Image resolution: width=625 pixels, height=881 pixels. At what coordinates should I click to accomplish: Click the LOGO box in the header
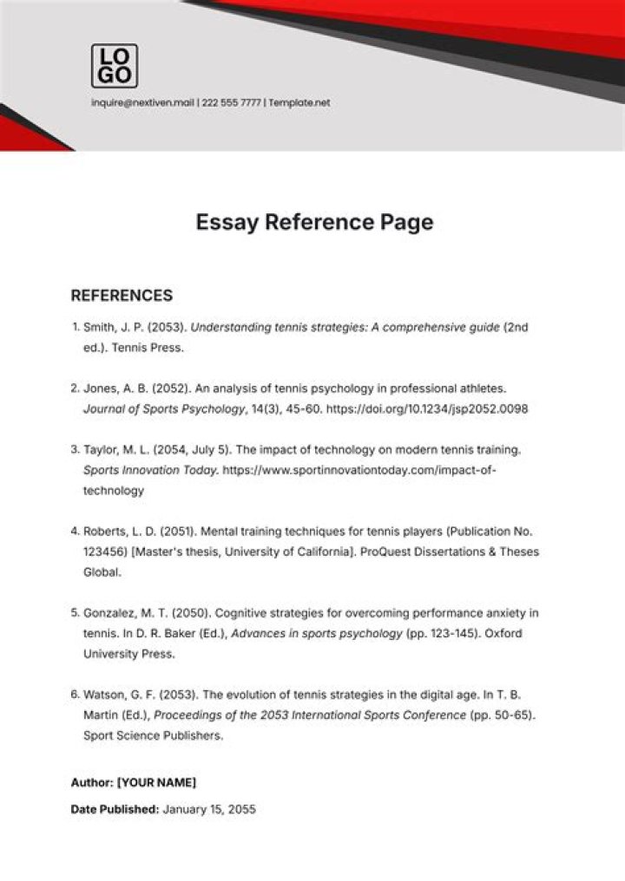click(114, 66)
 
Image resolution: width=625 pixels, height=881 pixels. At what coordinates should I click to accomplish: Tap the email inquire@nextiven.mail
click(143, 102)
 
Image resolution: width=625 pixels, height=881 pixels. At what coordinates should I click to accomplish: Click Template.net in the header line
click(299, 102)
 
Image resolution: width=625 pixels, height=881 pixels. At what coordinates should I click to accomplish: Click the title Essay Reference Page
click(313, 223)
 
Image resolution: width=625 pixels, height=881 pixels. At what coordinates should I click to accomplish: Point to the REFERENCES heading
click(122, 296)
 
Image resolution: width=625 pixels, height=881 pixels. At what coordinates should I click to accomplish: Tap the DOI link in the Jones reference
click(427, 408)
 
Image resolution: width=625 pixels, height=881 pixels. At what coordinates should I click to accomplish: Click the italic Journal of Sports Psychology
click(159, 408)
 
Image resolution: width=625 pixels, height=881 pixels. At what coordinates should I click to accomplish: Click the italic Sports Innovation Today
click(150, 470)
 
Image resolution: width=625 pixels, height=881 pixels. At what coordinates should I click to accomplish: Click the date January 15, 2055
click(209, 810)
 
